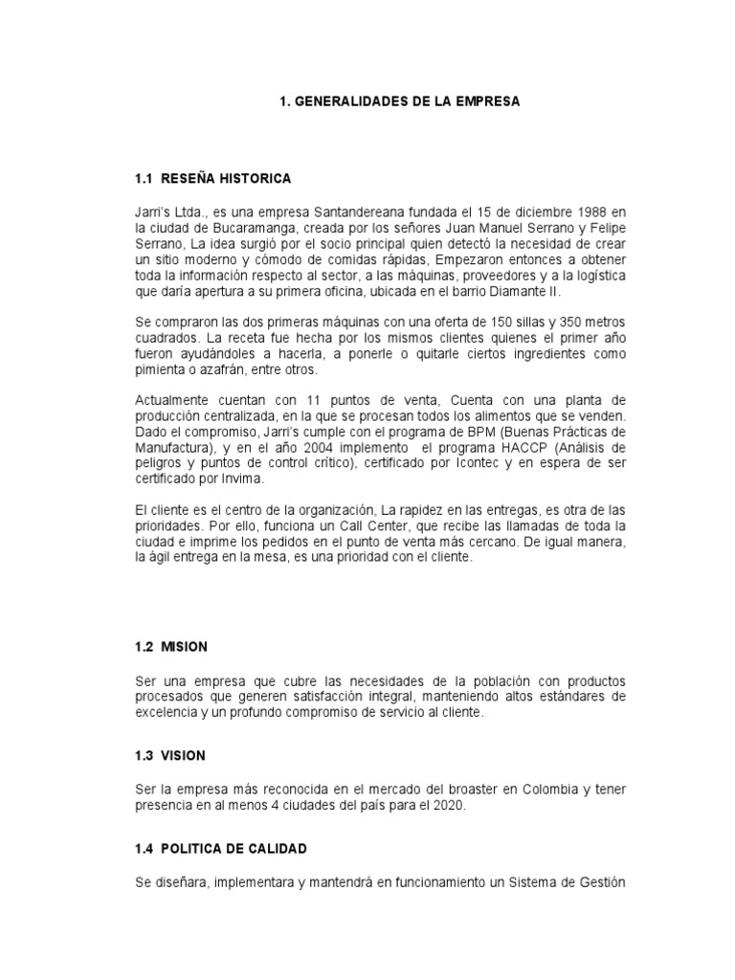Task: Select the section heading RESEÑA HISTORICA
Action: point(226,179)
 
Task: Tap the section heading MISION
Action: point(184,646)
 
